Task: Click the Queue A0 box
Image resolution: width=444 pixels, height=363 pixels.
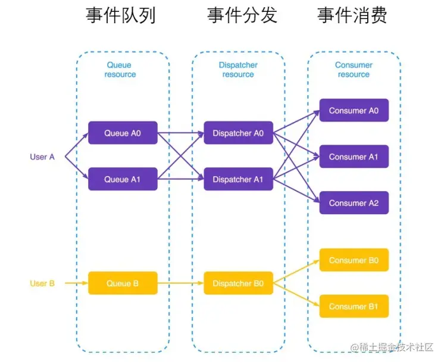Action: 123,133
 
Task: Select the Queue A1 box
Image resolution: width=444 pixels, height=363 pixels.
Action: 123,179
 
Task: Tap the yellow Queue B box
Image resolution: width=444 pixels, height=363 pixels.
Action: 123,283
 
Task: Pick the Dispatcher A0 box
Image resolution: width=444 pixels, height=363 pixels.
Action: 238,133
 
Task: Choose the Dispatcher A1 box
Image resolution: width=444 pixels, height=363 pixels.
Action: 238,179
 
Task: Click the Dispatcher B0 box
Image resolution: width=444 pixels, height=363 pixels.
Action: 238,283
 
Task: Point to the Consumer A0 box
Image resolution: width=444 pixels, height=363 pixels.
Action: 354,110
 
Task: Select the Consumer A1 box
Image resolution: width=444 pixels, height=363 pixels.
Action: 354,157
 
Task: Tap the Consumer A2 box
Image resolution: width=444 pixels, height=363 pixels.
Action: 354,203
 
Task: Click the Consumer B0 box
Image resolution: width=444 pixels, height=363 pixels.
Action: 354,260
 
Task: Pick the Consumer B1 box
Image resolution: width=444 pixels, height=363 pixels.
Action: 354,306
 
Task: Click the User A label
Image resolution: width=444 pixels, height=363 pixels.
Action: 42,157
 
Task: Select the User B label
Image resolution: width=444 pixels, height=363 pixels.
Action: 42,283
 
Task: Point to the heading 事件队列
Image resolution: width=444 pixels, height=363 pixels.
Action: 121,15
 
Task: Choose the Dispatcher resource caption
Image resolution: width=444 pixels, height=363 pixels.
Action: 238,70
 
